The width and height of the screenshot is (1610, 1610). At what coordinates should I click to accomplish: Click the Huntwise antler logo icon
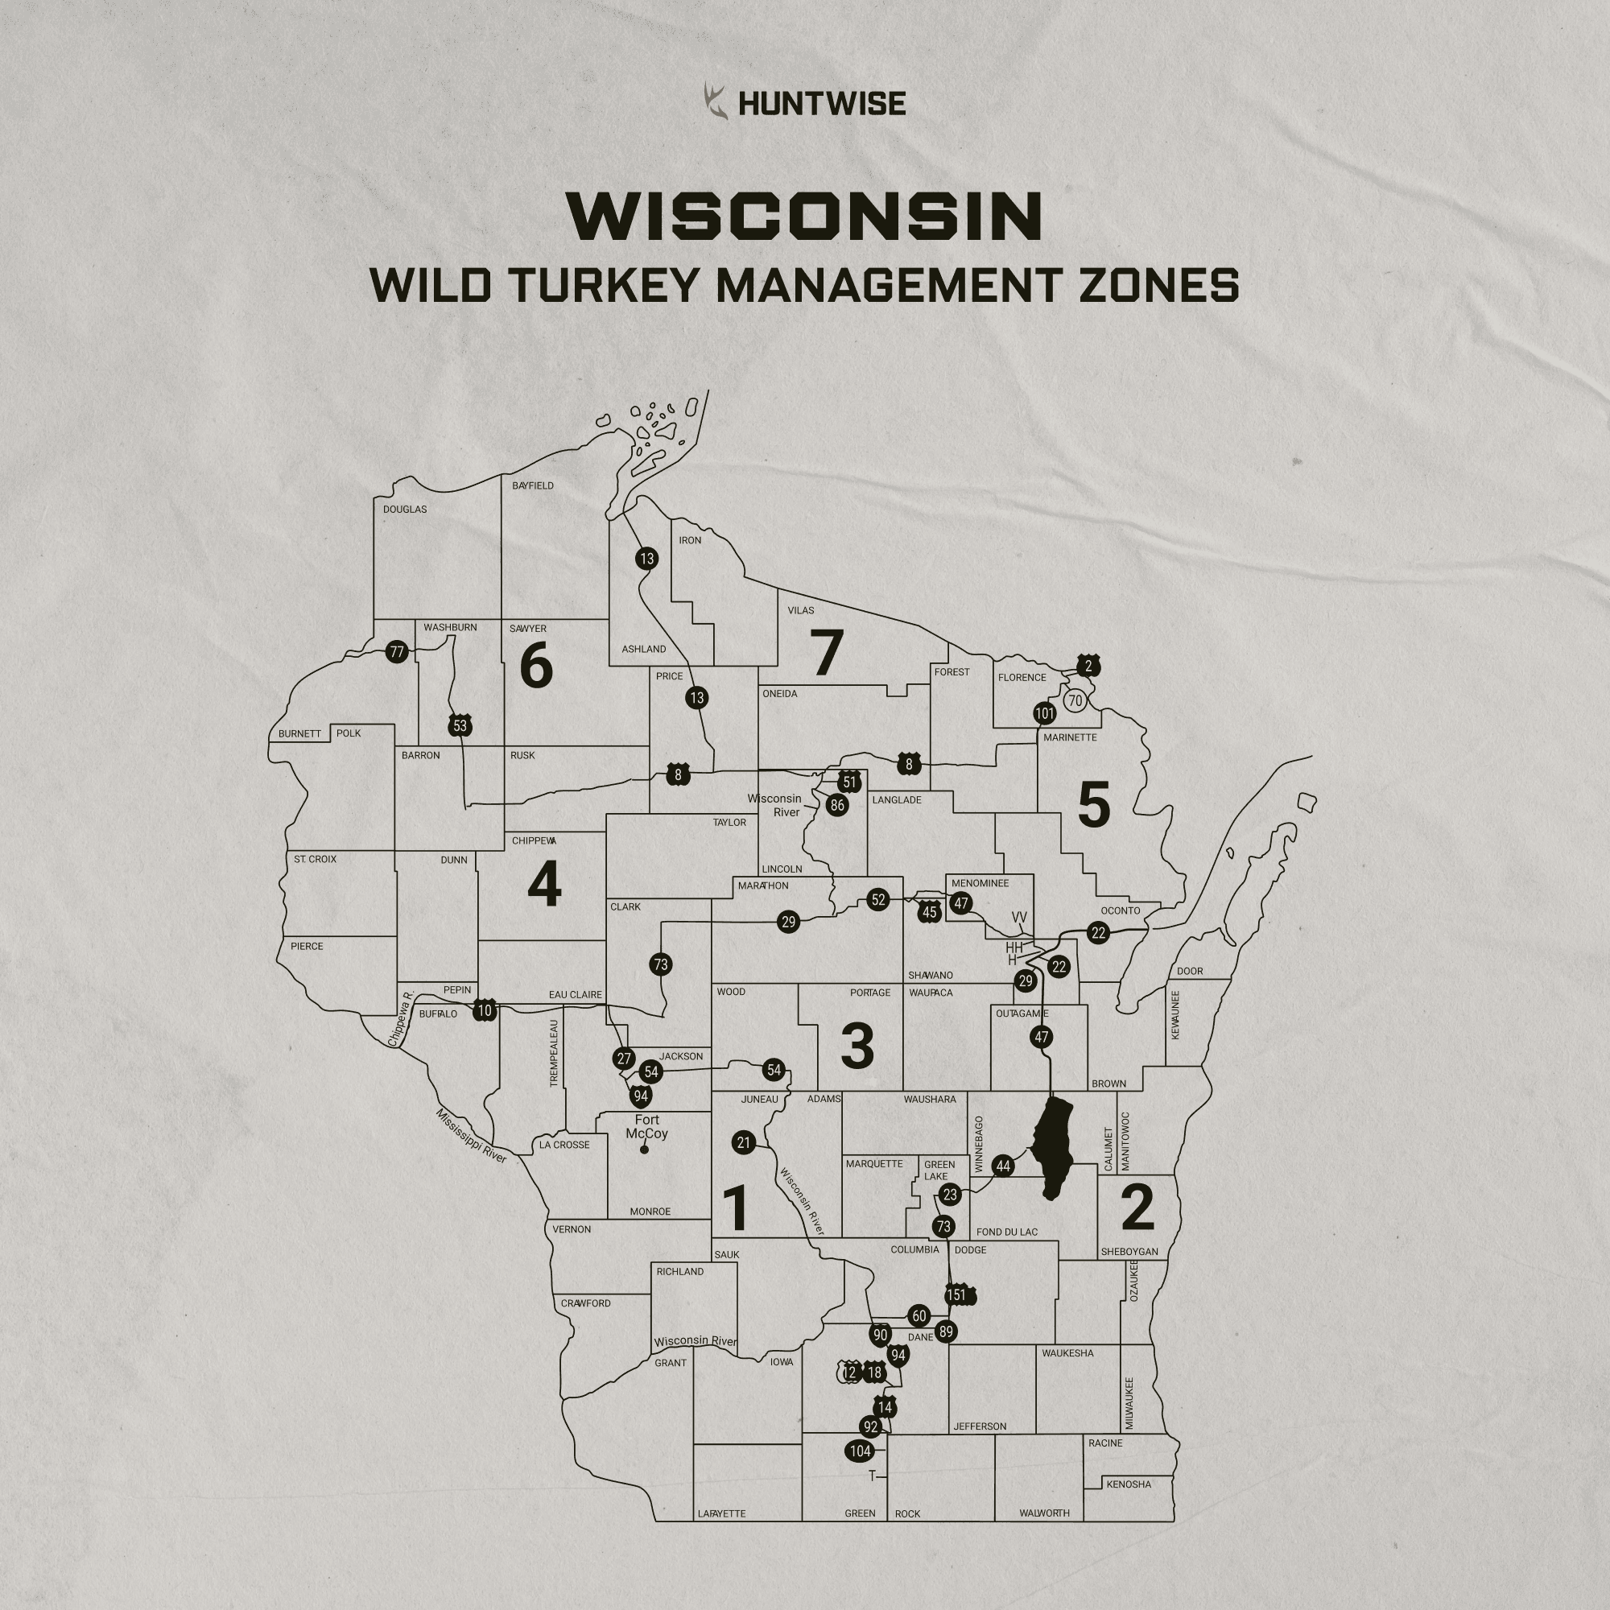tap(715, 101)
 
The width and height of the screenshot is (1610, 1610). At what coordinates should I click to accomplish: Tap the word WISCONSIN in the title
tap(805, 216)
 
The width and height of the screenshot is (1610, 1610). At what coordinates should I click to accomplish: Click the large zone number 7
tap(827, 653)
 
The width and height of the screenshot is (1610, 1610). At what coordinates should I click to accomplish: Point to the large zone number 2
tap(1137, 1207)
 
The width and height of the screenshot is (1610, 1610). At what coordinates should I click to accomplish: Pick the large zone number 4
tap(544, 885)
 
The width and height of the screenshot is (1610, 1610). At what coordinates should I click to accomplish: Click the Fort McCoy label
tap(646, 1127)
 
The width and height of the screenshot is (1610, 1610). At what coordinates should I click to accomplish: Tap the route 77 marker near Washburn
tap(397, 653)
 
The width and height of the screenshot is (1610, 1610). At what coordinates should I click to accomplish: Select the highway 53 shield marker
tap(460, 726)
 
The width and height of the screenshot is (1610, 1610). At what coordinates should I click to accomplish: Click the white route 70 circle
tap(1075, 701)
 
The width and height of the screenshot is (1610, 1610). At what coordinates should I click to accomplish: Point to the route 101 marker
tap(1044, 713)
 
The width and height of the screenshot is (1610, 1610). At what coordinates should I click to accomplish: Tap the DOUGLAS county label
tap(405, 510)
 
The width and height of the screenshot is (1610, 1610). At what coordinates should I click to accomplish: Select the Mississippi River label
tap(471, 1136)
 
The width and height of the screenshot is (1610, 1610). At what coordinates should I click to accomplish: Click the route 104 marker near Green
tap(860, 1451)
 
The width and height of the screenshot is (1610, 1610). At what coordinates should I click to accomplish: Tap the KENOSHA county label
tap(1129, 1484)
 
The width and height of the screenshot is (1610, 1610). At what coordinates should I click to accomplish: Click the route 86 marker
tap(837, 805)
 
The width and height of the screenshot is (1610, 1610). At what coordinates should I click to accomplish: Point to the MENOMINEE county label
tap(980, 883)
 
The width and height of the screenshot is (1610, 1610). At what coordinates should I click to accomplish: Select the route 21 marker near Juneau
tap(744, 1143)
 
